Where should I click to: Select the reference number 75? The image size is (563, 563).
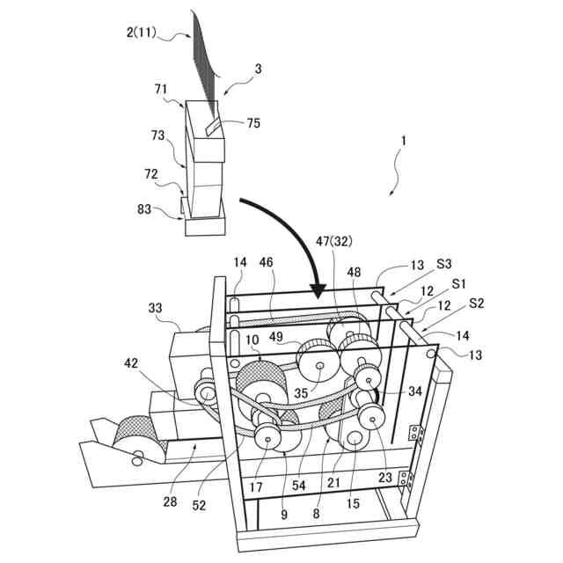point(252,123)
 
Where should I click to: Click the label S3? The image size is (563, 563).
point(445,263)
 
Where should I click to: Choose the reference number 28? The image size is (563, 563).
point(169,501)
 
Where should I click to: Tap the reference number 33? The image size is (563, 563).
point(155,308)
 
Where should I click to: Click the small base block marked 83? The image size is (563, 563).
point(204,225)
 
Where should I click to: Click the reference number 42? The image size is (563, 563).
point(130,362)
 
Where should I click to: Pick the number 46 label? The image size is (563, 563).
point(267,261)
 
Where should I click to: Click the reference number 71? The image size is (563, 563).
point(161,89)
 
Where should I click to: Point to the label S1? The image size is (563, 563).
point(457,283)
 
